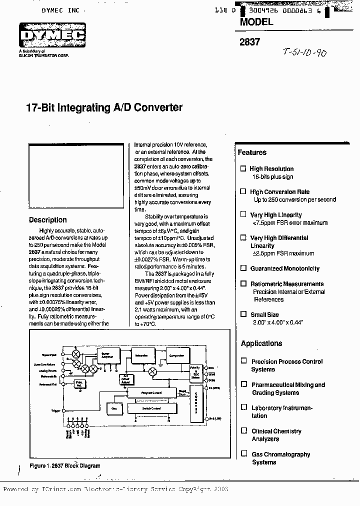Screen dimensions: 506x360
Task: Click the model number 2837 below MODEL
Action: click(x=250, y=43)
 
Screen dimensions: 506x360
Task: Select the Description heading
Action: click(x=47, y=220)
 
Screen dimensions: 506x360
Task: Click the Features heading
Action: click(x=252, y=152)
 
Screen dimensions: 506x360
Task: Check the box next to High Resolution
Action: click(x=243, y=168)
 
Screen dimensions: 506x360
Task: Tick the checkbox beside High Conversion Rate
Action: click(x=243, y=191)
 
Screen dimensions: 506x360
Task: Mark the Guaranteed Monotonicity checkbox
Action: click(x=243, y=268)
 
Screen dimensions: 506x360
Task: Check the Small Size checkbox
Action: click(x=243, y=314)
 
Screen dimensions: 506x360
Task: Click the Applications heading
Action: click(x=261, y=343)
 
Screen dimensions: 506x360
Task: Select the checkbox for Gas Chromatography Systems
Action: click(x=244, y=454)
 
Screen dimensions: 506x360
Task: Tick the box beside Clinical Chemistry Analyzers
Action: click(x=244, y=430)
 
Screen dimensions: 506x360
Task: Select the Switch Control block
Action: click(x=152, y=408)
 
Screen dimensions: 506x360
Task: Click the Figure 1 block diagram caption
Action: click(x=64, y=466)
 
